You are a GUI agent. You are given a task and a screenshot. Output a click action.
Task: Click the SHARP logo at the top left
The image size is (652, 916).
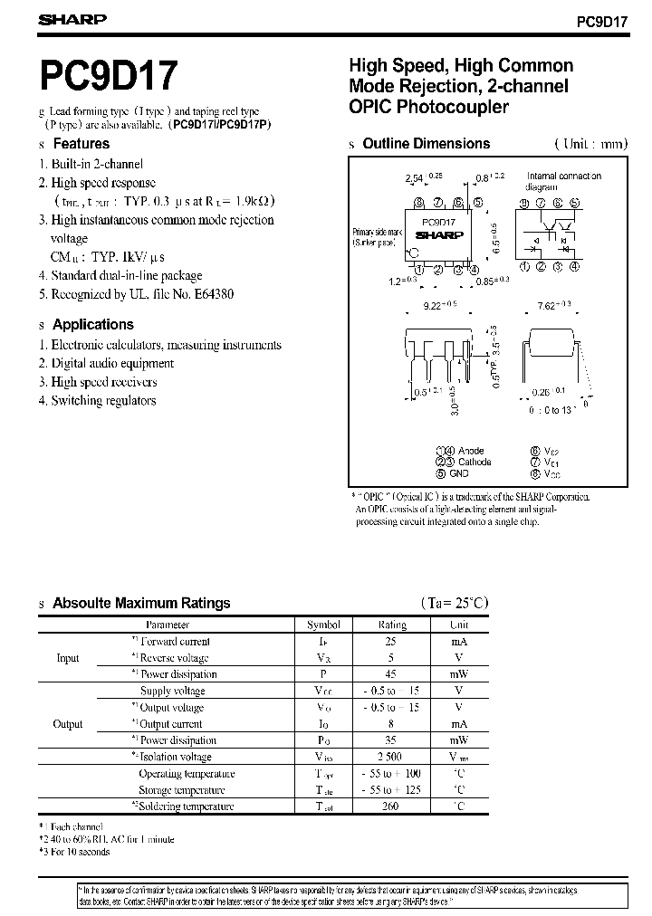(73, 19)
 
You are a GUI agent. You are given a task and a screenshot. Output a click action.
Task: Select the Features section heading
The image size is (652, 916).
(81, 144)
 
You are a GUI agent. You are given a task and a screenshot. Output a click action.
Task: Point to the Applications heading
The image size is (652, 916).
(92, 325)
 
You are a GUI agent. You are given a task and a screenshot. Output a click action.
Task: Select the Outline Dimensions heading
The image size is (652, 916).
(426, 144)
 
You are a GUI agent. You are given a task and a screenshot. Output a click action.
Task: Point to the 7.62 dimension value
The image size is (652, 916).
(546, 308)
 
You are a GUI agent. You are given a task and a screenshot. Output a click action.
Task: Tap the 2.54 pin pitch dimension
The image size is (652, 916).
(414, 179)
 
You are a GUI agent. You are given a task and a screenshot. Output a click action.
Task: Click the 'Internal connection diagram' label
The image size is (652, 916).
(563, 181)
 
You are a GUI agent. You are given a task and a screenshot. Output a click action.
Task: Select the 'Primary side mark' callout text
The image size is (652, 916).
(374, 237)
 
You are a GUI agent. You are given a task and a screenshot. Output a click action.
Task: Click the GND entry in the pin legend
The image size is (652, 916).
(458, 473)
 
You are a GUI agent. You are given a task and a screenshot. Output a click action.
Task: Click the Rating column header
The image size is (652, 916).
(392, 625)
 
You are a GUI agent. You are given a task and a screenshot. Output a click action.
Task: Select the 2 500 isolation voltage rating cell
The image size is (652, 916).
(392, 757)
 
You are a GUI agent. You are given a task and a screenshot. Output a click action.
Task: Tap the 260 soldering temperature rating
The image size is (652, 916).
(392, 806)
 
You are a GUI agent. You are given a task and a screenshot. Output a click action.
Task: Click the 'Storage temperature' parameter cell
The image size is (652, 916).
(187, 790)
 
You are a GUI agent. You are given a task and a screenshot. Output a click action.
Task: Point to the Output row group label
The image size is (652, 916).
(68, 724)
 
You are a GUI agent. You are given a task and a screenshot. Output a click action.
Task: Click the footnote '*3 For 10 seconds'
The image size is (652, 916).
(74, 852)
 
